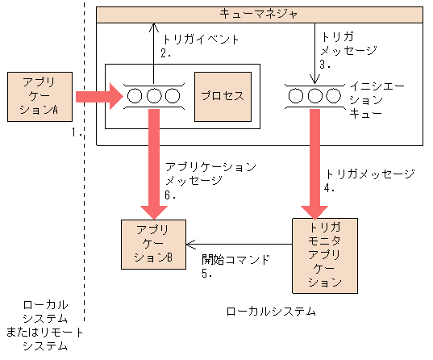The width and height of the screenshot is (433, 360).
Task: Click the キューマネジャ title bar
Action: (260, 14)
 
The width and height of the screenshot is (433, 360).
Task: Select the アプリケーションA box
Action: (40, 97)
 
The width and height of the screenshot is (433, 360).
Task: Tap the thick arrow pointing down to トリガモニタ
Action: (313, 161)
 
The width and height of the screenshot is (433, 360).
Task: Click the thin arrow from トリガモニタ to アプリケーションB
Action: (238, 244)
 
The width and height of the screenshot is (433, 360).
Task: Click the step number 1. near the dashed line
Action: (78, 132)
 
